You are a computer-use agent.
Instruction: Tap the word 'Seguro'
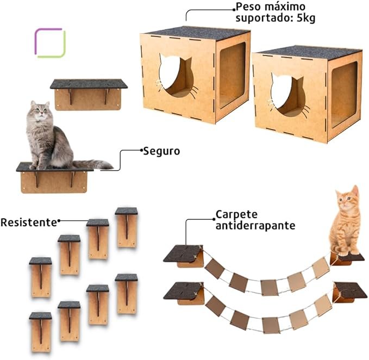tap(161, 151)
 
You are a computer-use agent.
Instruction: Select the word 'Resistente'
tap(28, 222)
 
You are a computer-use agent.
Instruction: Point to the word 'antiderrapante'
tap(255, 225)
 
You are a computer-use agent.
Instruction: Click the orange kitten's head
tap(347, 200)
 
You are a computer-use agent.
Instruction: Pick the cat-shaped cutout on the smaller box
tap(287, 95)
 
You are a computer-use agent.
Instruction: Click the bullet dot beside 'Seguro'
tap(140, 150)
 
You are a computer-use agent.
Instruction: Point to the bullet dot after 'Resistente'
tap(59, 221)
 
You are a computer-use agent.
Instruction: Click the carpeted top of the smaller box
tap(308, 52)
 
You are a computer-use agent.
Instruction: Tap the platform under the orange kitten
tap(348, 257)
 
